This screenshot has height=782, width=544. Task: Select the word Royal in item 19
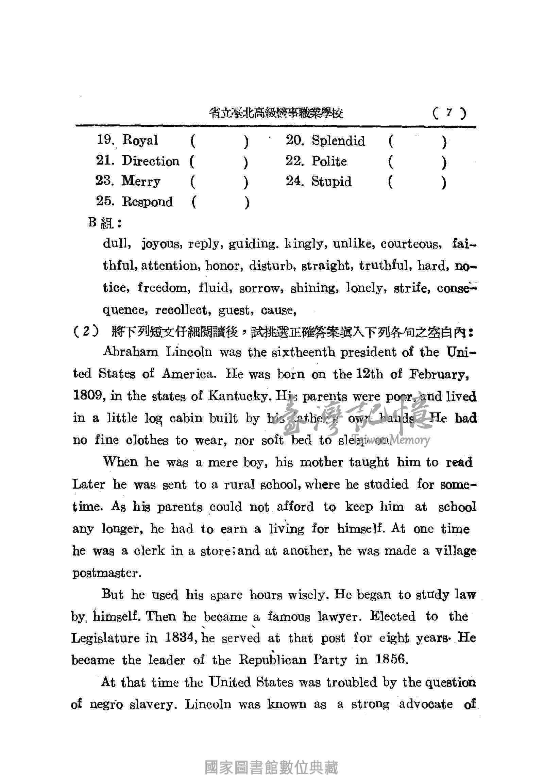click(x=140, y=140)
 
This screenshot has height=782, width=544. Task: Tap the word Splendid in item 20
click(x=338, y=141)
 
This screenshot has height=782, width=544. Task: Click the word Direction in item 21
click(x=151, y=161)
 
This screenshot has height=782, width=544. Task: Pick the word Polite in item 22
click(x=329, y=161)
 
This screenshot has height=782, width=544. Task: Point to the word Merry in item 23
click(x=141, y=181)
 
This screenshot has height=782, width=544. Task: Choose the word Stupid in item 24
click(x=331, y=182)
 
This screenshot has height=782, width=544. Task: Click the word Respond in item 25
click(x=148, y=202)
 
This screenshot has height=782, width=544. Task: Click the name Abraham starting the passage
click(x=131, y=352)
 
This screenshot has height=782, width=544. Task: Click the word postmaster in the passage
click(x=106, y=573)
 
